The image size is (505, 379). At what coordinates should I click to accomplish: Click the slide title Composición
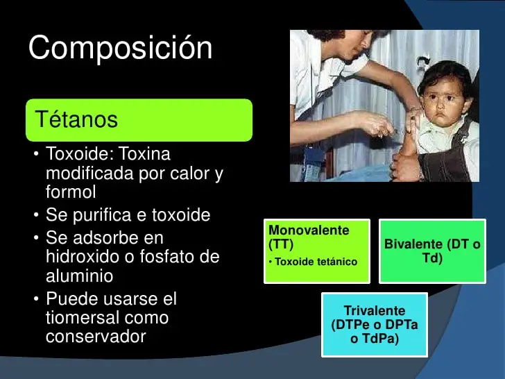[120, 49]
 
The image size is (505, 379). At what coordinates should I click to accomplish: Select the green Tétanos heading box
[139, 120]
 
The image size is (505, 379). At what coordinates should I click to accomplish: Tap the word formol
[71, 192]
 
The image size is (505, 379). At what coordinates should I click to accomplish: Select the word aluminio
[79, 276]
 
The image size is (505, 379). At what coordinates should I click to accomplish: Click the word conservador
[96, 337]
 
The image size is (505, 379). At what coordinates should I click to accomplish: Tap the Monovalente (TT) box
[316, 251]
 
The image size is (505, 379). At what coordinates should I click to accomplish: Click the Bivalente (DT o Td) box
[432, 251]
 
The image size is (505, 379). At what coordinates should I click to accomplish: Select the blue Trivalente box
[374, 325]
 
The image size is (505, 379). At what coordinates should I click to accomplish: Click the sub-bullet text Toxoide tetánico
[316, 262]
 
